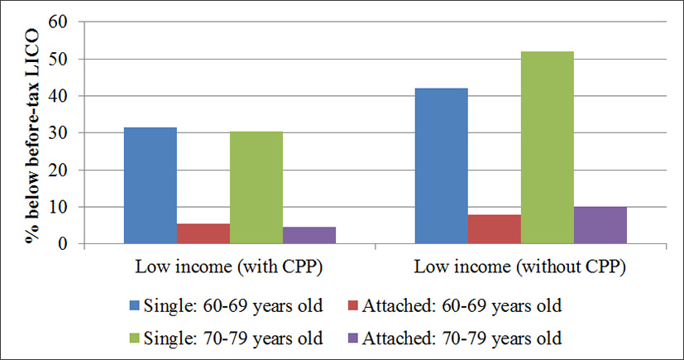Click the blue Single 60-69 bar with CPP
[151, 186]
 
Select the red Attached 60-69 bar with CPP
[203, 233]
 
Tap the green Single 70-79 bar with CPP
[256, 188]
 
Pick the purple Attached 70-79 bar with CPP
[309, 235]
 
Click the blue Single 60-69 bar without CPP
[441, 166]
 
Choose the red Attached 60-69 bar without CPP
[494, 229]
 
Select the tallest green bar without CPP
[547, 148]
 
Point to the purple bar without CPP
[600, 225]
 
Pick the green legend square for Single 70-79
[138, 338]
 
